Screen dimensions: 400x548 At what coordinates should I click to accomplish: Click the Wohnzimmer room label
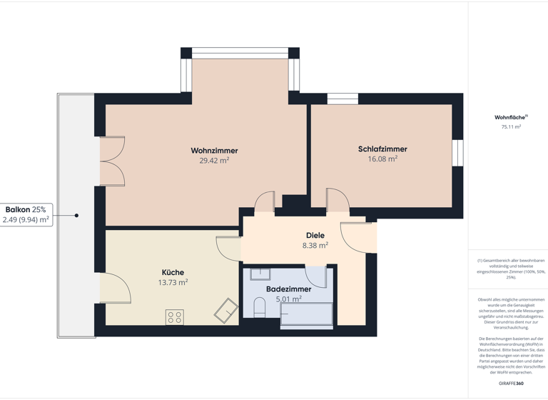(x=214, y=151)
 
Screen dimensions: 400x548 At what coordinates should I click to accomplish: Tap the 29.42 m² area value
(x=214, y=161)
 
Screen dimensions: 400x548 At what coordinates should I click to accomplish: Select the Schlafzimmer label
(x=382, y=149)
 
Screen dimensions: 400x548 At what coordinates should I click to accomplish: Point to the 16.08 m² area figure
(x=382, y=159)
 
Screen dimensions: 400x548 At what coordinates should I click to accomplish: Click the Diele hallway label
(x=315, y=235)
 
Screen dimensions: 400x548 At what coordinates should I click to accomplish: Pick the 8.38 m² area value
(x=315, y=245)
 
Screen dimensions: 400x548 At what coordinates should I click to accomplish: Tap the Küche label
(x=173, y=272)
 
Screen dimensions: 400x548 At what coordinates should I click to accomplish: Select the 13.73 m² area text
(x=173, y=283)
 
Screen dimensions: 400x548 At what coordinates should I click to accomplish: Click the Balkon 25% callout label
(x=26, y=209)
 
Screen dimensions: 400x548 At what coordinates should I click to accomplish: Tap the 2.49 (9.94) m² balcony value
(x=26, y=220)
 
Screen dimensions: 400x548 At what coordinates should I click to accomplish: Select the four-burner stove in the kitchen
(x=175, y=316)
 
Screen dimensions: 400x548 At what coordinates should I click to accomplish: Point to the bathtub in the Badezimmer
(x=306, y=314)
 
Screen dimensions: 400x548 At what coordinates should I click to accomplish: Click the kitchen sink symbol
(x=226, y=311)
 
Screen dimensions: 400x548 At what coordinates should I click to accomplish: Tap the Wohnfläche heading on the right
(x=511, y=117)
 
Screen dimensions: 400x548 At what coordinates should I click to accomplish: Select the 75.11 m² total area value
(x=511, y=127)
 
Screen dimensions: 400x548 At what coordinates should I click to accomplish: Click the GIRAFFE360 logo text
(x=511, y=384)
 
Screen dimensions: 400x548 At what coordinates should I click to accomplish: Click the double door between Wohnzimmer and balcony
(x=113, y=161)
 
